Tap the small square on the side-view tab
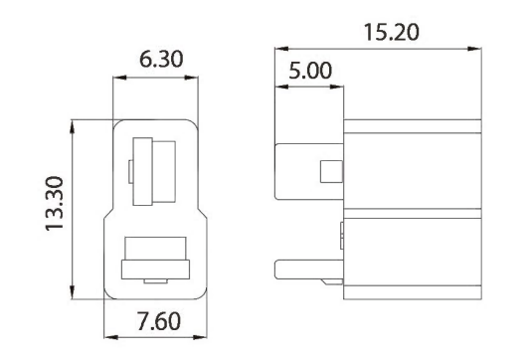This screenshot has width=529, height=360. [x=329, y=172]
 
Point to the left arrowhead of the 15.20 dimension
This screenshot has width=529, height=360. [x=279, y=48]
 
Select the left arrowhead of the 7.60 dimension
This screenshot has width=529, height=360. [x=109, y=338]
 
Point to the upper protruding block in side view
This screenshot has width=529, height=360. [x=308, y=171]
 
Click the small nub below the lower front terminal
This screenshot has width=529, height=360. [x=154, y=283]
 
